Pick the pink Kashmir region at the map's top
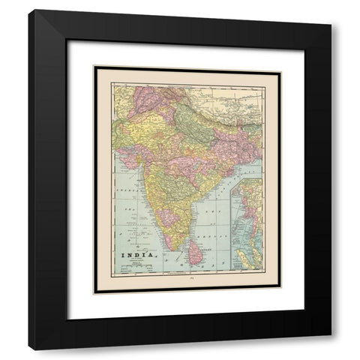click(150, 97)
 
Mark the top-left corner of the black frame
click(29, 10)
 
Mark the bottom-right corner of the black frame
click(331, 349)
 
